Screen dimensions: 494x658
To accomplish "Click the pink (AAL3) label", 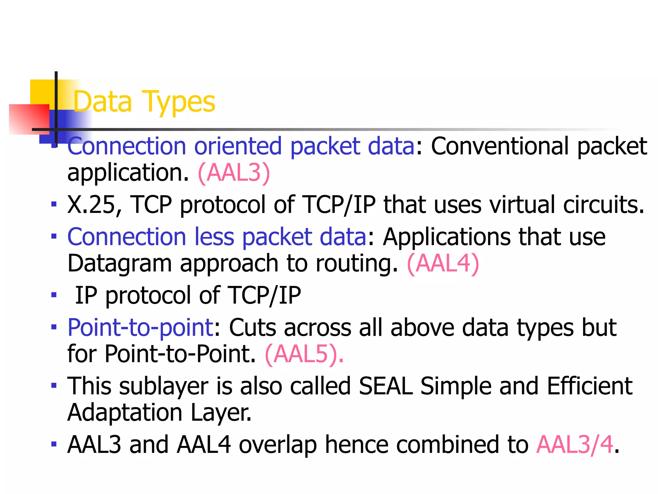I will click(234, 173).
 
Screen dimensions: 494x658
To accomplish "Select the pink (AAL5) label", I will click(304, 354).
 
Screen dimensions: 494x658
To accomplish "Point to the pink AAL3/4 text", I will click(575, 445).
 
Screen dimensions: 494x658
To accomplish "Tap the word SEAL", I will click(386, 386).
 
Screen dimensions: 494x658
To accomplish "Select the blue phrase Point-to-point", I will click(140, 328).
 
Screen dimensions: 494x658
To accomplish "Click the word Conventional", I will click(500, 146).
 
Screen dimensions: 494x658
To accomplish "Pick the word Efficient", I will click(590, 386).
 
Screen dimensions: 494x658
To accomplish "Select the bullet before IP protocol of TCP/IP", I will click(54, 295).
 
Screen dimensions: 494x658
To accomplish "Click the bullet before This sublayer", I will click(54, 385).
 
